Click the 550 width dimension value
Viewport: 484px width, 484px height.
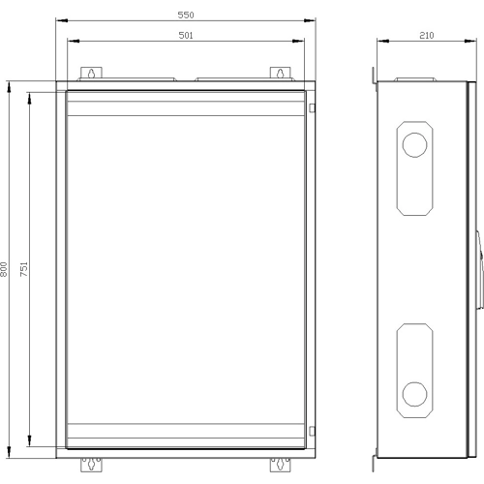coord(186,15)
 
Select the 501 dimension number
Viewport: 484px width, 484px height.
coord(186,35)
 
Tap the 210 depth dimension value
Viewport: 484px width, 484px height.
coord(427,35)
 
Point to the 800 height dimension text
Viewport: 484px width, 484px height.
coord(4,269)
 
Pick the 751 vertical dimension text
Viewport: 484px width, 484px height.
coord(24,269)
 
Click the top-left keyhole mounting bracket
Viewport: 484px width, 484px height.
coord(91,73)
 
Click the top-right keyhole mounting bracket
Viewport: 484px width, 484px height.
coord(280,73)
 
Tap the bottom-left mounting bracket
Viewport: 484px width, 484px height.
coord(91,465)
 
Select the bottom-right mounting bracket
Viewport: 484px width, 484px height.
coord(280,465)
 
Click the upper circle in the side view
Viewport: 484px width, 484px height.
coord(414,145)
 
